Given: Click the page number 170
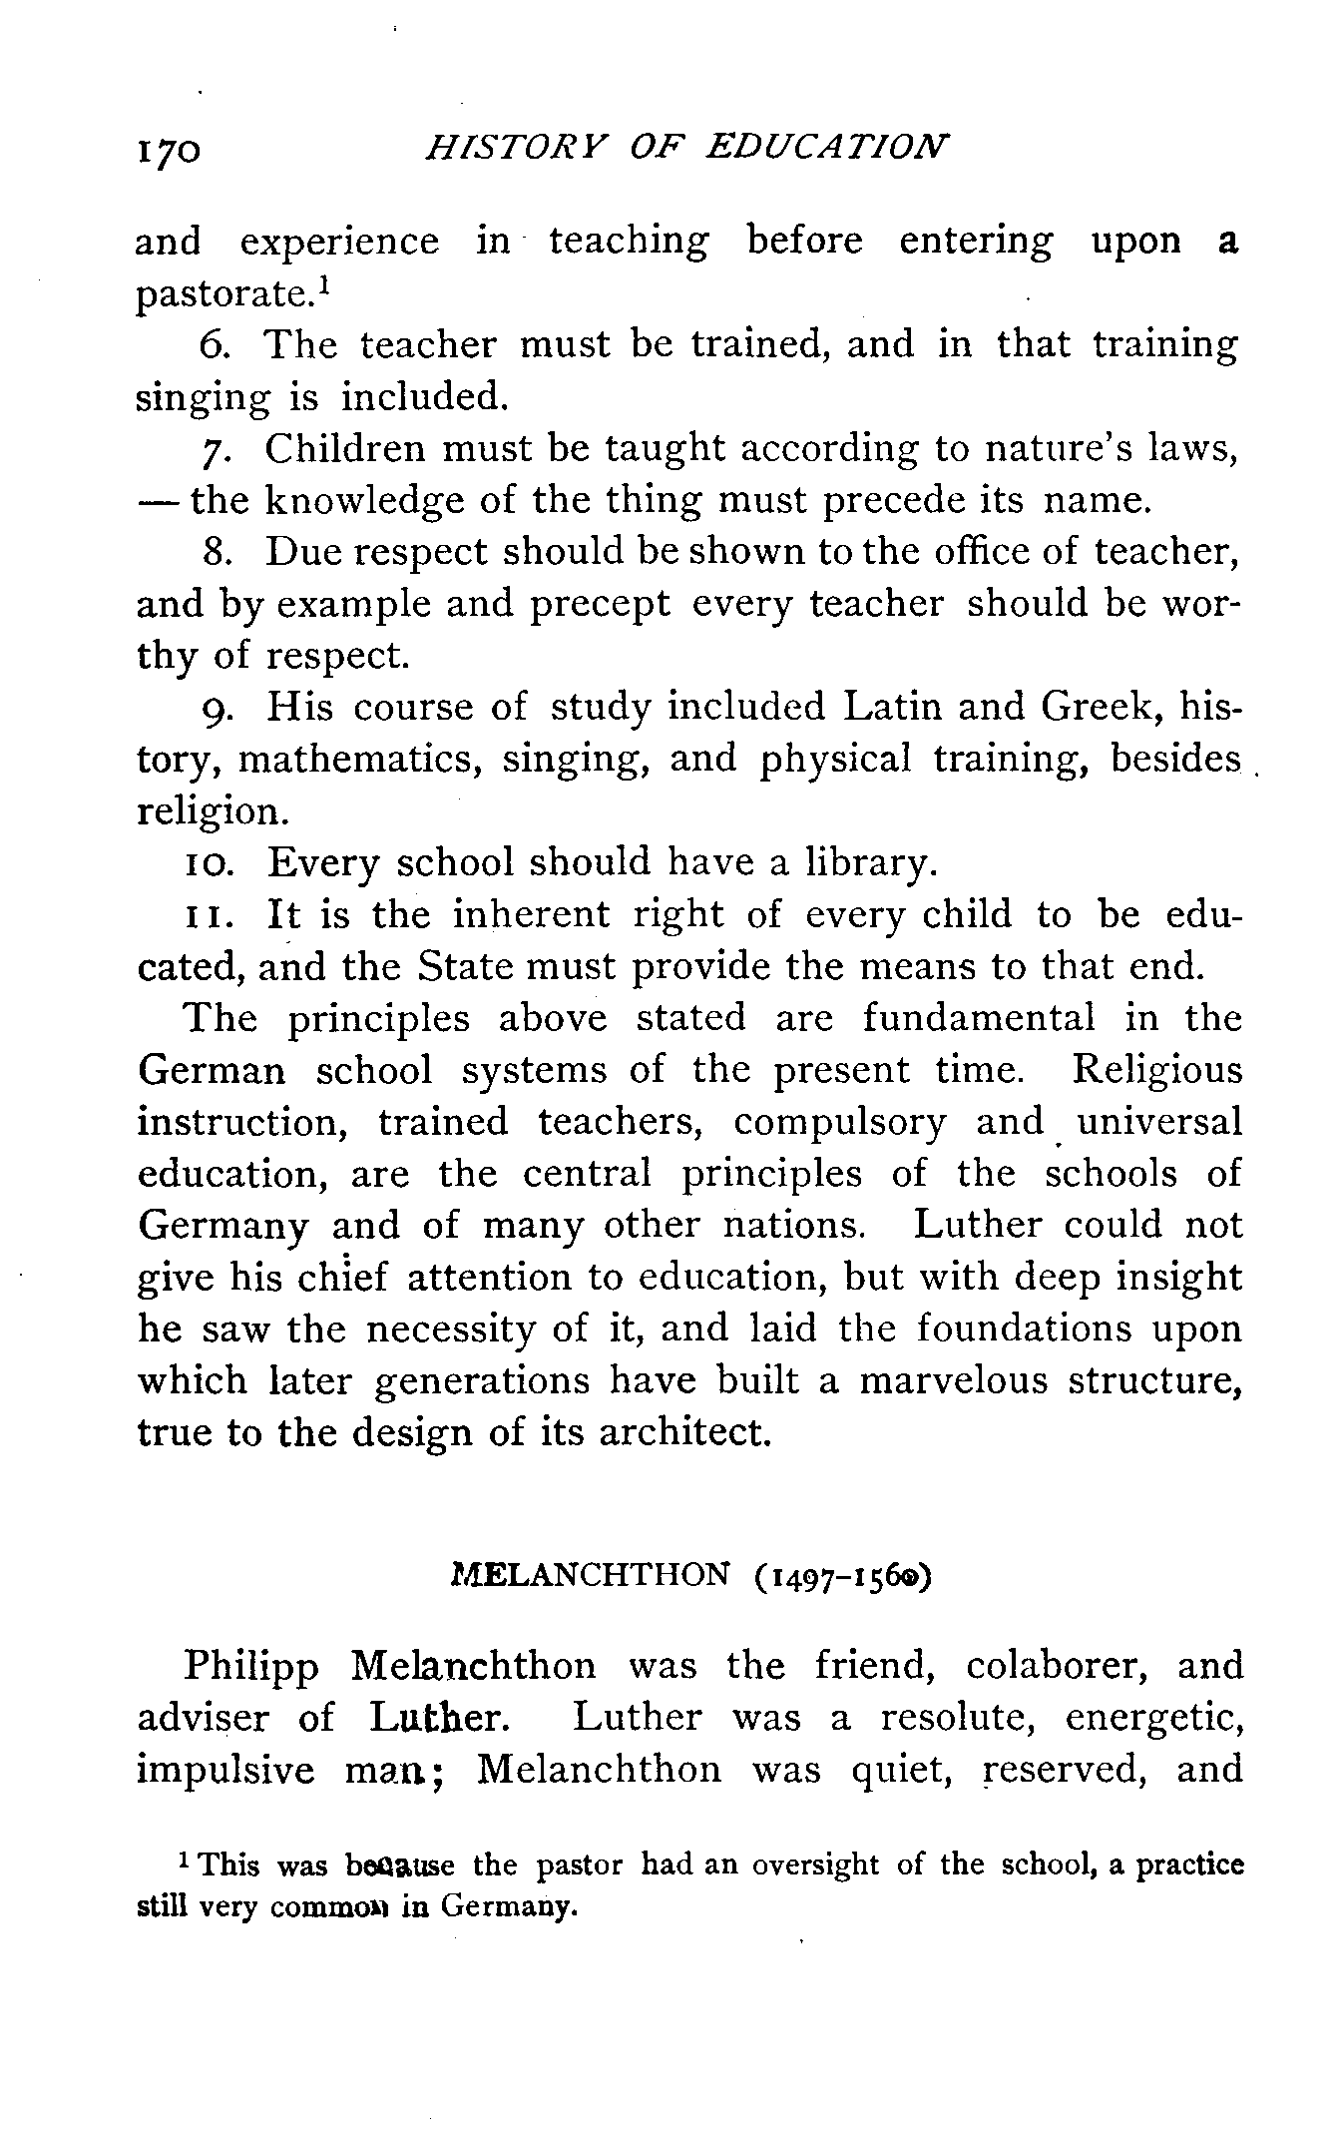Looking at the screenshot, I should coord(170,151).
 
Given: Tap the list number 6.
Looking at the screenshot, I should coord(215,345).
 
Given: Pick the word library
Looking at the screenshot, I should coord(871,863).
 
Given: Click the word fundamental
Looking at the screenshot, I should coord(978,1018).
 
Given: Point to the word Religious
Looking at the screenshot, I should coord(1157,1070).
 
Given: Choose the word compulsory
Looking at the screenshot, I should coord(839,1123).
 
